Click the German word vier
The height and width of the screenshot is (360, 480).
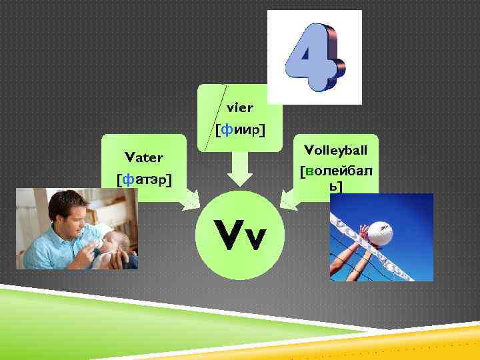240,107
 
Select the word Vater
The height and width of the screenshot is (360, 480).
144,157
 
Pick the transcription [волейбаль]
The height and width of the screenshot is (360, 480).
336,179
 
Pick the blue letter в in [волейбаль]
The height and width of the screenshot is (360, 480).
310,172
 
